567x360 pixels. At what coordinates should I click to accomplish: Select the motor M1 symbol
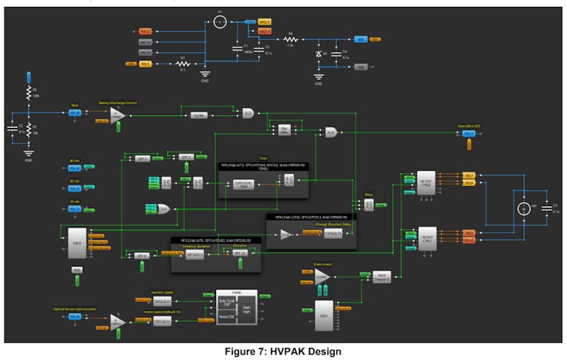coord(524,208)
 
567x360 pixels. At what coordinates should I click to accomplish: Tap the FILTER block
coord(198,116)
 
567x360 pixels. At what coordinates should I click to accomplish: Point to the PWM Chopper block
coord(381,277)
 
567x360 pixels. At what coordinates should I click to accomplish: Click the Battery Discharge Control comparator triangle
coord(116,116)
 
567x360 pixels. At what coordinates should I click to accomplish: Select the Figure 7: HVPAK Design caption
coord(284,352)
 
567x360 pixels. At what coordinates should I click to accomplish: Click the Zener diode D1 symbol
coord(319,55)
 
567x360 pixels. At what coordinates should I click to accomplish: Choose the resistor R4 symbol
coord(290,40)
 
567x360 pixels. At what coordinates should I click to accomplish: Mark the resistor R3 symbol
coord(182,64)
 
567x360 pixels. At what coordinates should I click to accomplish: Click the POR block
coord(76,270)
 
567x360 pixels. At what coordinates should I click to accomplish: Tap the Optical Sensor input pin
coord(75,316)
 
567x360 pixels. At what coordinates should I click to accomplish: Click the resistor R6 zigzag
coord(28,95)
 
